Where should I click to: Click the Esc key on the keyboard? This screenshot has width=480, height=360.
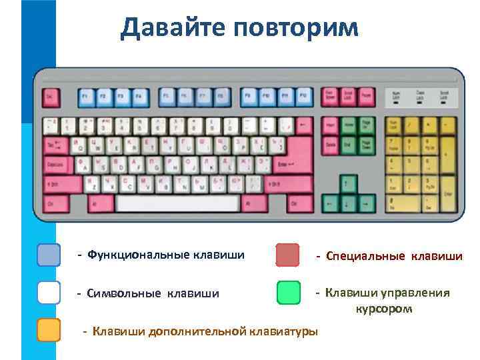point(51,97)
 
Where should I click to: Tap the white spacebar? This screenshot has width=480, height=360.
point(177,203)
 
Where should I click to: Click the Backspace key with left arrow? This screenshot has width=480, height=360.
point(305,125)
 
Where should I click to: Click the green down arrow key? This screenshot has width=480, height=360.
point(347,202)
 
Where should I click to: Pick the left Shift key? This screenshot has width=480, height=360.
point(63,183)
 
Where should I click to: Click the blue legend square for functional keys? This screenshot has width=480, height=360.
point(49,255)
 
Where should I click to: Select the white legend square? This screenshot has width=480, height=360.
point(49,293)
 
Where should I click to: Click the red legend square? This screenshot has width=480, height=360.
point(287,255)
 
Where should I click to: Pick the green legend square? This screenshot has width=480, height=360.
point(287,293)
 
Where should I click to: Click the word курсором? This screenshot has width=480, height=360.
point(383,309)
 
